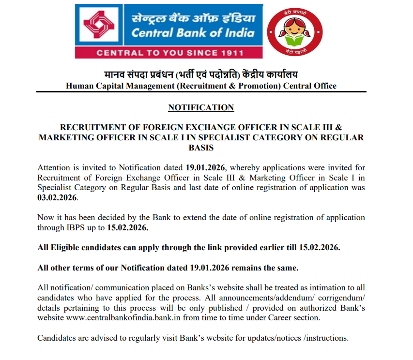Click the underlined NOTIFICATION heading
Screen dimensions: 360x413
201,107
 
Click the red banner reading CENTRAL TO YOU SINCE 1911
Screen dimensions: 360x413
169,52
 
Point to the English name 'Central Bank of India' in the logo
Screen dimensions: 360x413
193,33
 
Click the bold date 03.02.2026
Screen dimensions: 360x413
57,198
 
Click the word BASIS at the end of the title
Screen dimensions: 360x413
200,148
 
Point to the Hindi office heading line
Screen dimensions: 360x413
201,75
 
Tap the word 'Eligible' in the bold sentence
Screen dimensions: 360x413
66,247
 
